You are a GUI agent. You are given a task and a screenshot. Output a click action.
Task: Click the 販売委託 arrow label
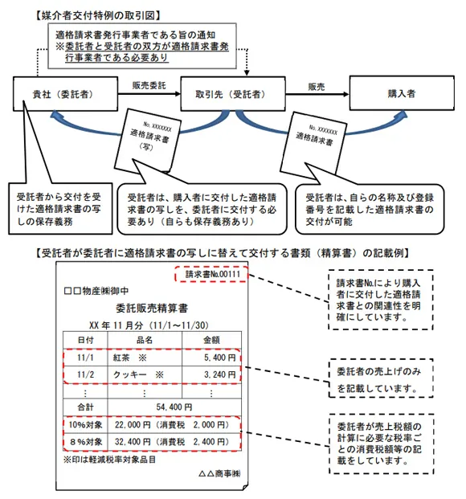point(149,83)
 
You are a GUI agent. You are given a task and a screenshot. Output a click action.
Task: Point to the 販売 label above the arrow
point(316,84)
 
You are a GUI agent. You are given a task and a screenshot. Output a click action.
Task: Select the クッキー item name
point(113,374)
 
